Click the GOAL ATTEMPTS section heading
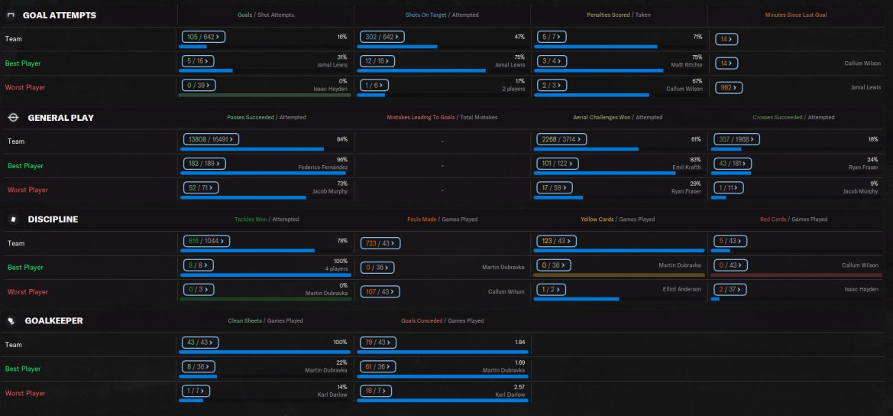pyautogui.click(x=59, y=15)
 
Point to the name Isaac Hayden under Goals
pyautogui.click(x=331, y=89)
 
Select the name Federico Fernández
pyautogui.click(x=321, y=167)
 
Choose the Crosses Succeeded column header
pyautogui.click(x=778, y=118)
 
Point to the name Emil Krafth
pyautogui.click(x=686, y=167)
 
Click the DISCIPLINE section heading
pyautogui.click(x=53, y=219)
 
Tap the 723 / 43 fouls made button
pyautogui.click(x=378, y=243)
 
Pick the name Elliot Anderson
pyautogui.click(x=682, y=289)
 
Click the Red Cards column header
pyautogui.click(x=774, y=219)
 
